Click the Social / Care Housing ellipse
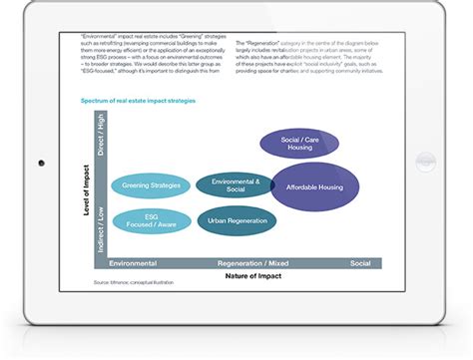(x=298, y=145)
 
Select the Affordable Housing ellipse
(x=315, y=186)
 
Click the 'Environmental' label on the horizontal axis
(x=133, y=262)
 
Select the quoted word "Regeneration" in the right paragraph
(x=263, y=44)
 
